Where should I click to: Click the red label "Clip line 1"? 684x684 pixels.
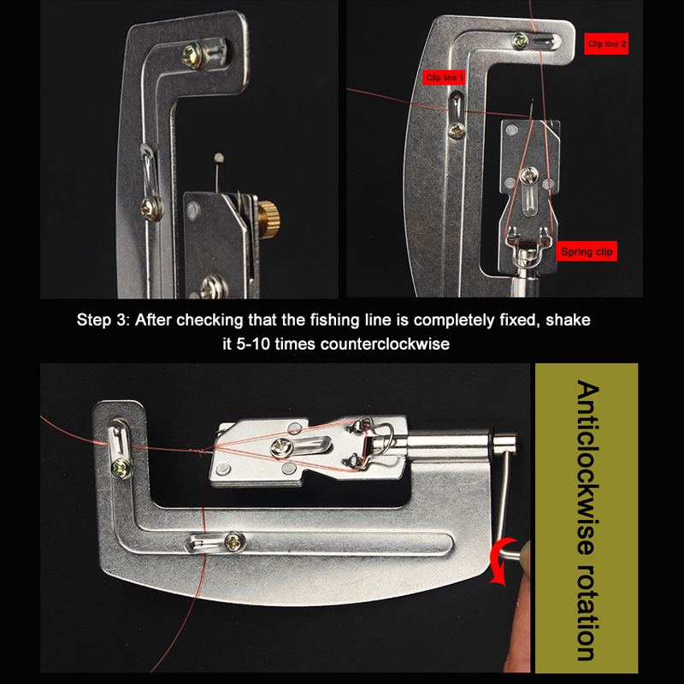(x=444, y=78)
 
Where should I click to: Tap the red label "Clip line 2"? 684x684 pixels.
(x=606, y=44)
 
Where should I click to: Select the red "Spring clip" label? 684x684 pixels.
(x=587, y=251)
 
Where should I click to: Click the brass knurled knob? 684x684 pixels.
(x=269, y=216)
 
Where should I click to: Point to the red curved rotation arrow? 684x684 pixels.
(x=499, y=560)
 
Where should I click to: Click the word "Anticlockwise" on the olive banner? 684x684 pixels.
(x=587, y=467)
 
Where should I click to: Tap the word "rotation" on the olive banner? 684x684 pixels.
(x=587, y=612)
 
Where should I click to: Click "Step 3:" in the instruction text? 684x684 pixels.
(x=103, y=320)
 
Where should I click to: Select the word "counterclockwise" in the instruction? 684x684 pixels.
(x=385, y=344)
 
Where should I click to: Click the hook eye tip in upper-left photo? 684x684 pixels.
(x=219, y=156)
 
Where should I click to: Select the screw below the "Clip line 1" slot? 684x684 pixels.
(x=457, y=130)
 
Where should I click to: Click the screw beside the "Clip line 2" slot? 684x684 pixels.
(x=520, y=40)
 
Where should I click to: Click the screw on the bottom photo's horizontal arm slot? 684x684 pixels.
(x=233, y=542)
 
